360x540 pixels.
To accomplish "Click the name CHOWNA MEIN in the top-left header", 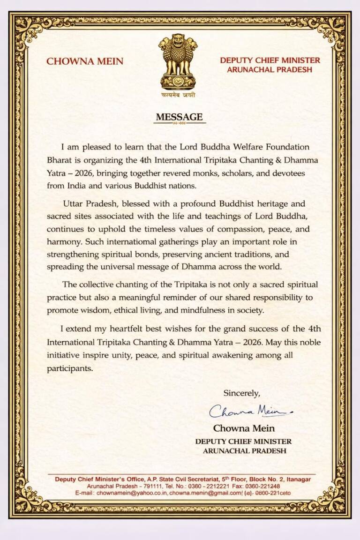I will pyautogui.click(x=85, y=61).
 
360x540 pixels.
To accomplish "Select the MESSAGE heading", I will pyautogui.click(x=180, y=117).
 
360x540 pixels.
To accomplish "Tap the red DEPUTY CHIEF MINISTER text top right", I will pyautogui.click(x=270, y=60).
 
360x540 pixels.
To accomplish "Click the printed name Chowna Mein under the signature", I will pyautogui.click(x=244, y=428).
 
